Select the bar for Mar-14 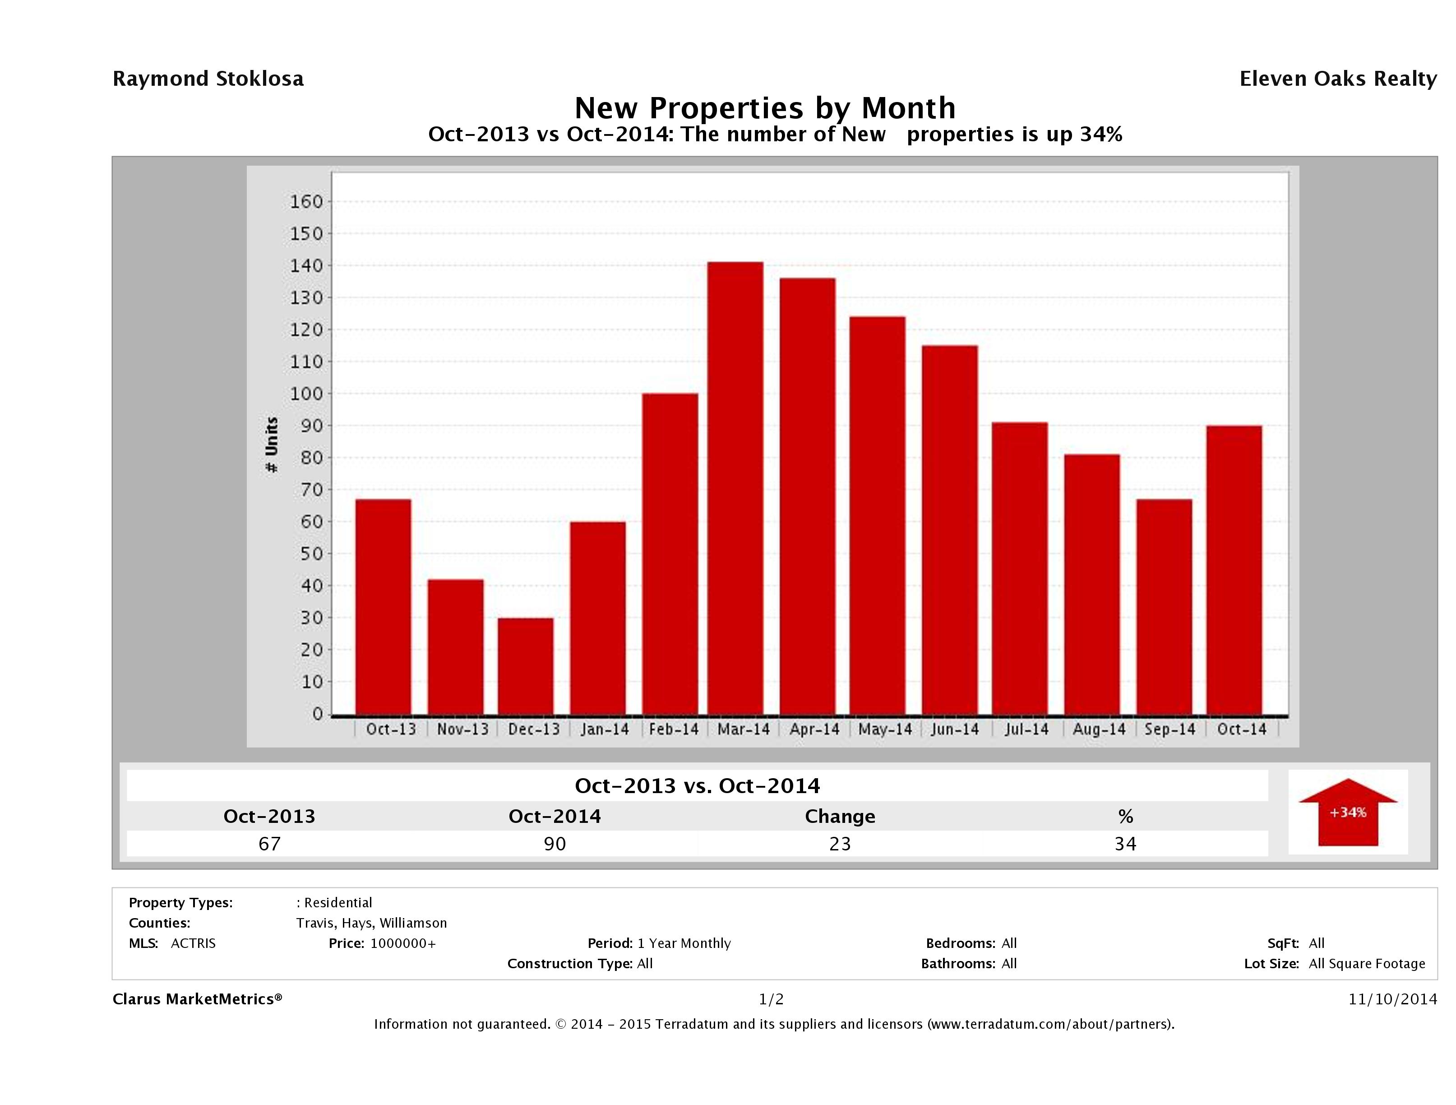coord(735,488)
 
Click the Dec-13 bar coord(525,666)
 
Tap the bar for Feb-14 coord(670,554)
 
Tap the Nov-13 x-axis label coord(463,729)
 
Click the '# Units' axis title coord(271,445)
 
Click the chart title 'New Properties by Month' coord(765,108)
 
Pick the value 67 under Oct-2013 coord(269,844)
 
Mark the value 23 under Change coord(840,844)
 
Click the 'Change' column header coord(840,817)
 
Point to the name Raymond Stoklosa coord(208,79)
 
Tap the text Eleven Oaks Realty coord(1337,79)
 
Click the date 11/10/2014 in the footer coord(1392,999)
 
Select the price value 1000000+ coord(403,943)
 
